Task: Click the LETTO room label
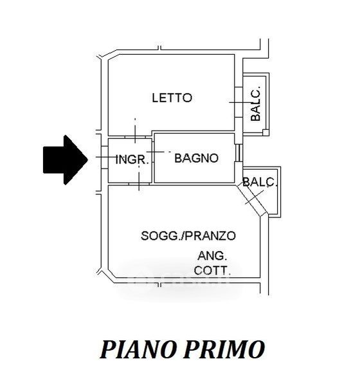[x=172, y=98]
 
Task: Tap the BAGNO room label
[x=196, y=158]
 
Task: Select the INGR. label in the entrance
[x=132, y=160]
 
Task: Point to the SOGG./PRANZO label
[x=188, y=236]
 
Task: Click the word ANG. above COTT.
[x=212, y=256]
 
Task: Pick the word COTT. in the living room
[x=212, y=270]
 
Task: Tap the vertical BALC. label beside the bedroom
[x=255, y=104]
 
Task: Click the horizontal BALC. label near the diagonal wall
[x=260, y=182]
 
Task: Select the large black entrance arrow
[x=66, y=160]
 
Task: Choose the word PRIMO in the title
[x=224, y=349]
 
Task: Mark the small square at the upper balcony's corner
[x=265, y=133]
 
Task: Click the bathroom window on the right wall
[x=238, y=152]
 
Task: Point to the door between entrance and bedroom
[x=136, y=137]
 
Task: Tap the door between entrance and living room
[x=139, y=183]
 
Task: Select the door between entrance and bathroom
[x=153, y=152]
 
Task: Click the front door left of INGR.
[x=105, y=157]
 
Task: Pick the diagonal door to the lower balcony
[x=252, y=199]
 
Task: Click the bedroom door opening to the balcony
[x=239, y=102]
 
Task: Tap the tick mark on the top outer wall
[x=160, y=48]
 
